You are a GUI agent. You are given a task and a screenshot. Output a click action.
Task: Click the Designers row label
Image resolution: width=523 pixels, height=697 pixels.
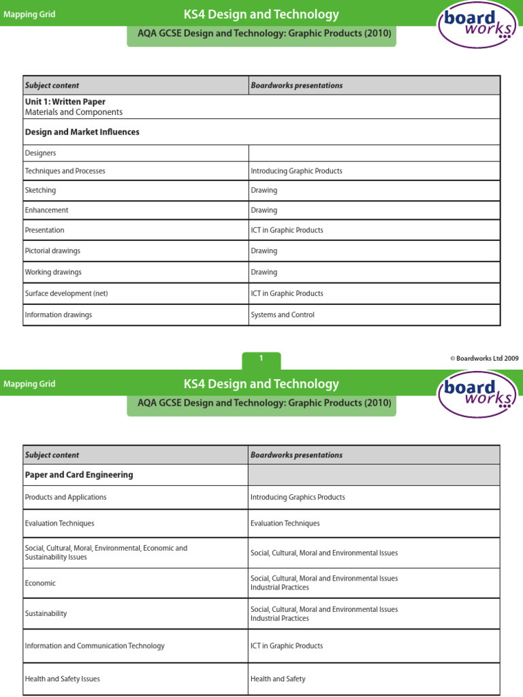[41, 153]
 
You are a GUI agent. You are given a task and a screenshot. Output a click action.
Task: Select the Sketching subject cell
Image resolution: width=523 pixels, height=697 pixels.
[41, 191]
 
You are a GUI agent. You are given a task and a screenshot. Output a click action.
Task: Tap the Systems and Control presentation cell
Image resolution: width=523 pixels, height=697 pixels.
[283, 315]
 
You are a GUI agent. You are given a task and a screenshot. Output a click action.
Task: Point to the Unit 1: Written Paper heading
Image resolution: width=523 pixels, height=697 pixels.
[65, 101]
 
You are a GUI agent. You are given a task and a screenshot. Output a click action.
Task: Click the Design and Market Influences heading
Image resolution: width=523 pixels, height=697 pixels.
[82, 132]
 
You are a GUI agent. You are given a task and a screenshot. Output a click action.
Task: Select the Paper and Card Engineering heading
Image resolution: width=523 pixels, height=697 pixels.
[79, 475]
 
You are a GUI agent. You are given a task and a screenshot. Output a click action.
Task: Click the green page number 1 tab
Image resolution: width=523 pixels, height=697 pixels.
[261, 359]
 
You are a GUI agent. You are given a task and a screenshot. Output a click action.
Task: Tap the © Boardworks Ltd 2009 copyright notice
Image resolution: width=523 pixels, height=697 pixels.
[484, 359]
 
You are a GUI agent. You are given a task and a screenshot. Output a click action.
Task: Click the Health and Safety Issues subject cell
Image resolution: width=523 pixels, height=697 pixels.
[62, 679]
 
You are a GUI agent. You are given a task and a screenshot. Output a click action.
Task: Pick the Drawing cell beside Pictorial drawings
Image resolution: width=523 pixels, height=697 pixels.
[264, 251]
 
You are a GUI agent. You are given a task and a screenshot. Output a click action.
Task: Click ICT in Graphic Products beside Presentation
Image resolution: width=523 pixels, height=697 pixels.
[287, 230]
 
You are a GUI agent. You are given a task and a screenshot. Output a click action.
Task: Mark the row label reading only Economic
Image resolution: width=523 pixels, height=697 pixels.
[40, 583]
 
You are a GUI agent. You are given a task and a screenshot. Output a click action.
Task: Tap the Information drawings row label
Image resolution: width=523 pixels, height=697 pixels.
[59, 315]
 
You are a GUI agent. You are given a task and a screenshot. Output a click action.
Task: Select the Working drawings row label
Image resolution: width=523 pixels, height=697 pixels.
[53, 272]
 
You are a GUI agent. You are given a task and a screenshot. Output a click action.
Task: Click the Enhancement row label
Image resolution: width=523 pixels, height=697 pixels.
[46, 210]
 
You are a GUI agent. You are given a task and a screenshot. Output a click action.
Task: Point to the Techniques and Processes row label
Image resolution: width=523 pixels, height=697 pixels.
[65, 172]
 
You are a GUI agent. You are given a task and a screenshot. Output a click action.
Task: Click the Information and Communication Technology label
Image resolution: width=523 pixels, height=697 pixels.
[95, 646]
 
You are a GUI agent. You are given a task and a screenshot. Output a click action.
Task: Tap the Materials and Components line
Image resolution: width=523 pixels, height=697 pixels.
[74, 112]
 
